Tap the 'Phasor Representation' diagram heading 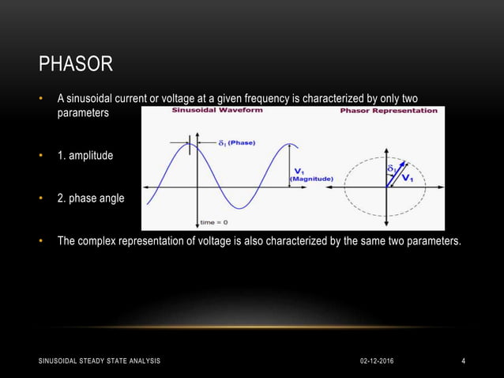click(388, 111)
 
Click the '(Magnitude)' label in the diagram click(311, 179)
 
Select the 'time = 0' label click(214, 222)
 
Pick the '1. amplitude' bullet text click(85, 156)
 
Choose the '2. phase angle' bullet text click(90, 198)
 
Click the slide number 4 click(464, 361)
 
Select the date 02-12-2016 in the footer click(375, 361)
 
